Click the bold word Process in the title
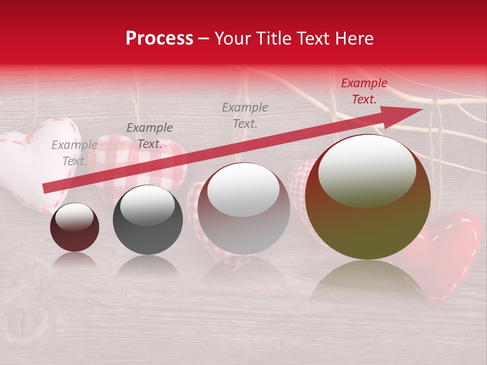(159, 39)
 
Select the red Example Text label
(364, 91)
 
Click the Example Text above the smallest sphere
(74, 153)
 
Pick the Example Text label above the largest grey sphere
(245, 115)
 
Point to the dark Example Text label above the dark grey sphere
(150, 136)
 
